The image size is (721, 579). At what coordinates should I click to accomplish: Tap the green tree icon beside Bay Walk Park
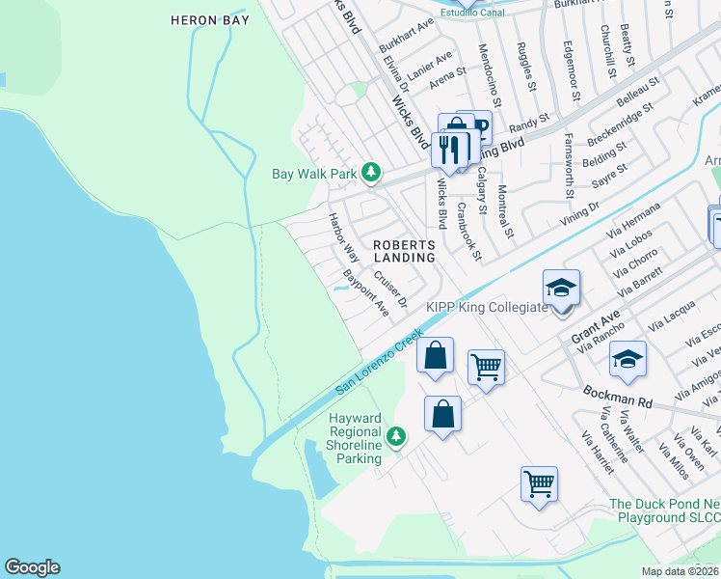click(x=371, y=174)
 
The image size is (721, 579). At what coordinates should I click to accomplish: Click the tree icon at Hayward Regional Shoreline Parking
click(x=395, y=438)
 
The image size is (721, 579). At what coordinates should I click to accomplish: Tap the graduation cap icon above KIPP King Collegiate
click(x=561, y=288)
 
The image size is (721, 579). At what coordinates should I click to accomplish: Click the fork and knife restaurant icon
click(x=451, y=149)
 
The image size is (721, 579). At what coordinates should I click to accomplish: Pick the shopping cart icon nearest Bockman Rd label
click(x=487, y=367)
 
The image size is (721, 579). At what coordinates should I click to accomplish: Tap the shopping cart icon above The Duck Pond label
click(x=539, y=482)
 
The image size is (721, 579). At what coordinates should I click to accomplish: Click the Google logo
click(x=32, y=567)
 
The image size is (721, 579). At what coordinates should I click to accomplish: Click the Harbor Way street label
click(x=344, y=238)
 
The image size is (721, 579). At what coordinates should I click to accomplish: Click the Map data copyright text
click(x=681, y=571)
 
